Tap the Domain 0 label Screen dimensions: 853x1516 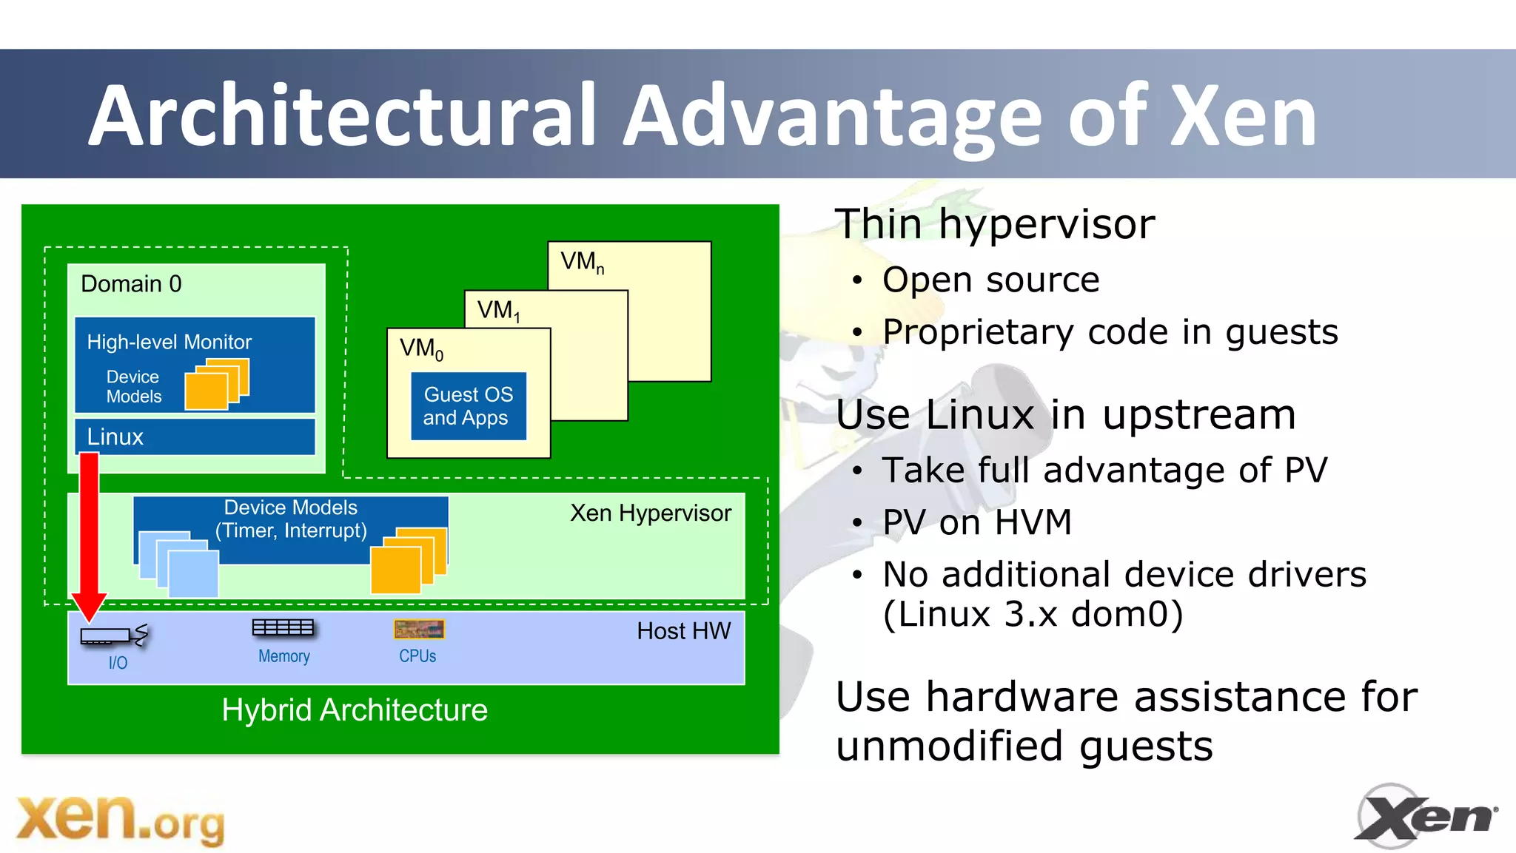point(131,284)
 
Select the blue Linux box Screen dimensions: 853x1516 point(195,436)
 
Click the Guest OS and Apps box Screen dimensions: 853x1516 point(469,406)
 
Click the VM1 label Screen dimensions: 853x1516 point(498,311)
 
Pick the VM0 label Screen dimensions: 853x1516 point(421,348)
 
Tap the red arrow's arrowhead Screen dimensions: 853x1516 point(90,607)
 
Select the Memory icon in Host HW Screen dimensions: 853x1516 point(283,628)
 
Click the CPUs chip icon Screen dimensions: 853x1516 point(419,630)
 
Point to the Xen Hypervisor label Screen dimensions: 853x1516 point(650,513)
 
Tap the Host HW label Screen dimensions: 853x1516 point(683,631)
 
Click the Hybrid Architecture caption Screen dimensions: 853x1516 point(355,710)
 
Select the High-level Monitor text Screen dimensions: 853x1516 point(170,342)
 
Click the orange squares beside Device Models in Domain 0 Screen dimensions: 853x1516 point(216,384)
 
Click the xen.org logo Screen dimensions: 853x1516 point(120,820)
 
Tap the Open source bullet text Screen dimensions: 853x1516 point(990,280)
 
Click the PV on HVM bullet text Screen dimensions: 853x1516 point(977,522)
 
